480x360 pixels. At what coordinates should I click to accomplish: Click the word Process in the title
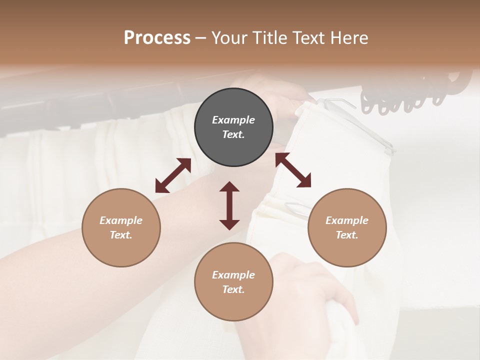coord(157,38)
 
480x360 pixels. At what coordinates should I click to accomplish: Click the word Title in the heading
coord(269,38)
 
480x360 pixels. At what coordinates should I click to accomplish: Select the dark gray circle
coord(233,127)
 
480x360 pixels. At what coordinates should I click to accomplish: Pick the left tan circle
coord(121,227)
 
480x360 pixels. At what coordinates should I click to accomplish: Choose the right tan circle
coord(347,227)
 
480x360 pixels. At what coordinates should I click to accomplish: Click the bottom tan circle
coord(233,281)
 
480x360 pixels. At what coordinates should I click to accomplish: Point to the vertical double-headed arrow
coord(229,205)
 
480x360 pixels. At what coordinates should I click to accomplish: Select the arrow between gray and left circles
coord(173,175)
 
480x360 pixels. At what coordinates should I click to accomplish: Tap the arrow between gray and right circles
coord(293,170)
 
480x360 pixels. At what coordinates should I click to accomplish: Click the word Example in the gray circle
coord(233,120)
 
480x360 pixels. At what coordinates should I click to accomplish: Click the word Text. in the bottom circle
coord(233,289)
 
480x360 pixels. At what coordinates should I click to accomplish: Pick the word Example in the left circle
coord(121,220)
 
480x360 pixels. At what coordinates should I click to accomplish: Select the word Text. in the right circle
coord(347,235)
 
